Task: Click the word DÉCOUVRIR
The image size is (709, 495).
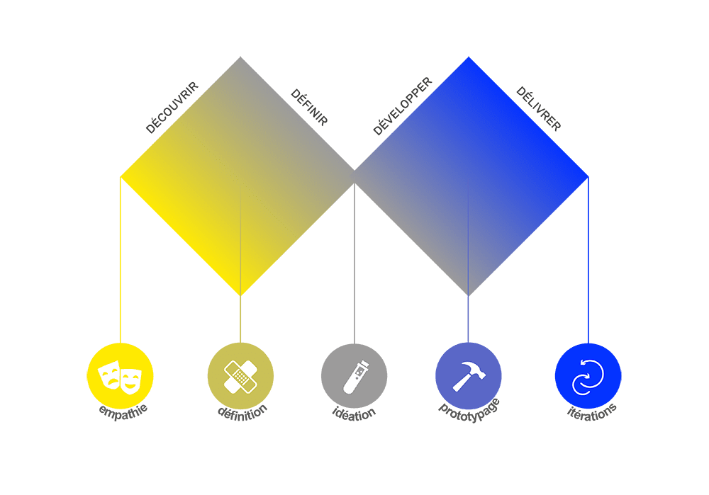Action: pyautogui.click(x=172, y=108)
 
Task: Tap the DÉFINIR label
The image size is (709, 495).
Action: pyautogui.click(x=310, y=108)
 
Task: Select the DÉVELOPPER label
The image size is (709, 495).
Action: pyautogui.click(x=402, y=106)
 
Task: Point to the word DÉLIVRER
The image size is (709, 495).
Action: pyautogui.click(x=539, y=108)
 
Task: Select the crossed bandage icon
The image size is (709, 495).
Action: pyautogui.click(x=240, y=375)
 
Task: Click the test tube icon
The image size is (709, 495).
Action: pyautogui.click(x=354, y=375)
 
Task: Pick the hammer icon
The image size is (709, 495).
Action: pyautogui.click(x=468, y=375)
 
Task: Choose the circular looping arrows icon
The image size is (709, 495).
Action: pyautogui.click(x=588, y=375)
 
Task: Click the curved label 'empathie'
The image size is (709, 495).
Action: pyautogui.click(x=120, y=411)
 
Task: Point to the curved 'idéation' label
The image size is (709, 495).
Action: pyautogui.click(x=354, y=412)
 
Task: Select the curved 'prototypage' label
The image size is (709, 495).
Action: pyautogui.click(x=469, y=408)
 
